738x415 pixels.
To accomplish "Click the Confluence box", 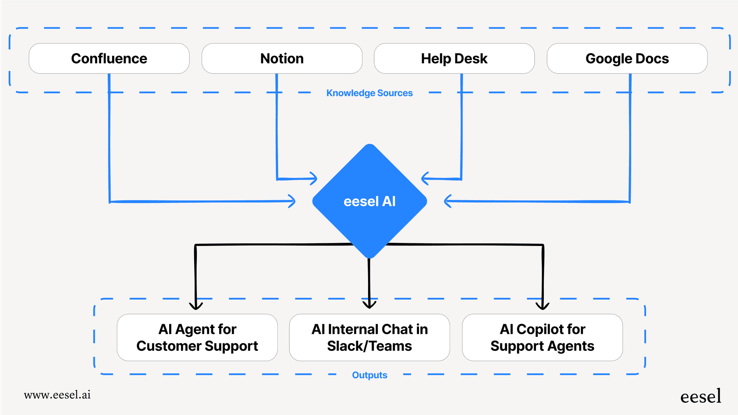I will pos(109,58).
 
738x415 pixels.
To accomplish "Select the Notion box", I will pos(282,58).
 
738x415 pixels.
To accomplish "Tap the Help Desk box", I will pos(454,58).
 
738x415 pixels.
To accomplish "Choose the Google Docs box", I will pos(627,58).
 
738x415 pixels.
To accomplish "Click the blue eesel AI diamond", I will pos(369,201).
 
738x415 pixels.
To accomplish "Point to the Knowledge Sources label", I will pos(369,93).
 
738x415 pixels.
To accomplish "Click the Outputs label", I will pos(369,375).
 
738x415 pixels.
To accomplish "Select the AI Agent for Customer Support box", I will pos(197,337).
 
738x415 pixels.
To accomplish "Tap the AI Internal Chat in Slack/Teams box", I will pos(369,337).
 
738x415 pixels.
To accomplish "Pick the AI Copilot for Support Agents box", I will pos(542,337).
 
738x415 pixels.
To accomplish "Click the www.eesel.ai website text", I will pos(57,395).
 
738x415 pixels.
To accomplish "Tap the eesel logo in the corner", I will pos(701,397).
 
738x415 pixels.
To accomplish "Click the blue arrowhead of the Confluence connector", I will pos(292,201).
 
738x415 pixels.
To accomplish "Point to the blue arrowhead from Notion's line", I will pos(314,178).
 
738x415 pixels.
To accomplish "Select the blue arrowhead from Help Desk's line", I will pos(425,178).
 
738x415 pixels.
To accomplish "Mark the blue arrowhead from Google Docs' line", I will pos(448,201).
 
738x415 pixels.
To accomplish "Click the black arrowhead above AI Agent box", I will pos(196,306).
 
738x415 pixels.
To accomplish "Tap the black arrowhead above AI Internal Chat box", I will pos(369,304).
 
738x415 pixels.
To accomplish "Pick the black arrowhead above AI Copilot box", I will pos(543,306).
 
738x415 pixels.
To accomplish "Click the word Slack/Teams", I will pos(369,346).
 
